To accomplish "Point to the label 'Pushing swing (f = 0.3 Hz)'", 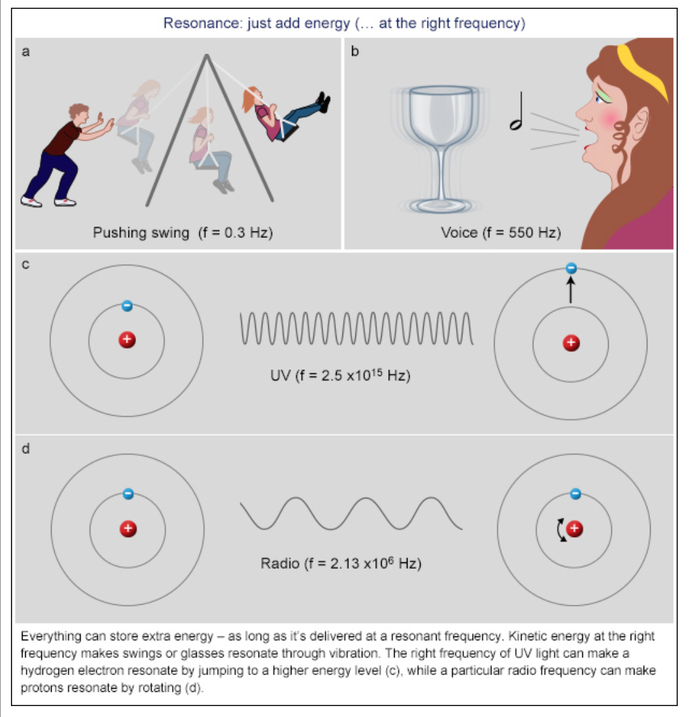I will (183, 233).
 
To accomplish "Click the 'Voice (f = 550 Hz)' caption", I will (500, 233).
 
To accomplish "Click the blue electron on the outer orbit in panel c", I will (570, 268).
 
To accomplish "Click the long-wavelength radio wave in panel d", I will (351, 513).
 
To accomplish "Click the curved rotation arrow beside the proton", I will (559, 530).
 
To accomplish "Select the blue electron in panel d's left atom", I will (128, 494).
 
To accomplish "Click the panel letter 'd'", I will (25, 449).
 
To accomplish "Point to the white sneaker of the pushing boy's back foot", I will (32, 201).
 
